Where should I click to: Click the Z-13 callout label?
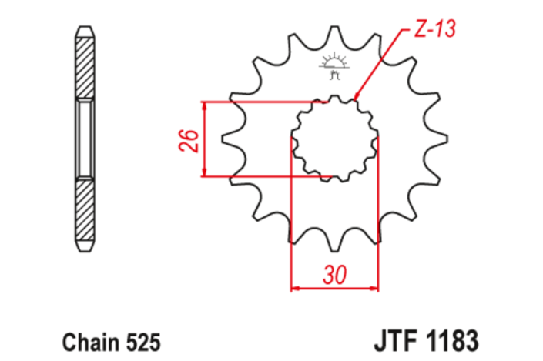coord(436,30)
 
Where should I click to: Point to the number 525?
coord(141,340)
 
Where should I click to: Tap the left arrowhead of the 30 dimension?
coord(294,290)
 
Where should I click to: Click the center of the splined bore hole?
coord(335,139)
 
